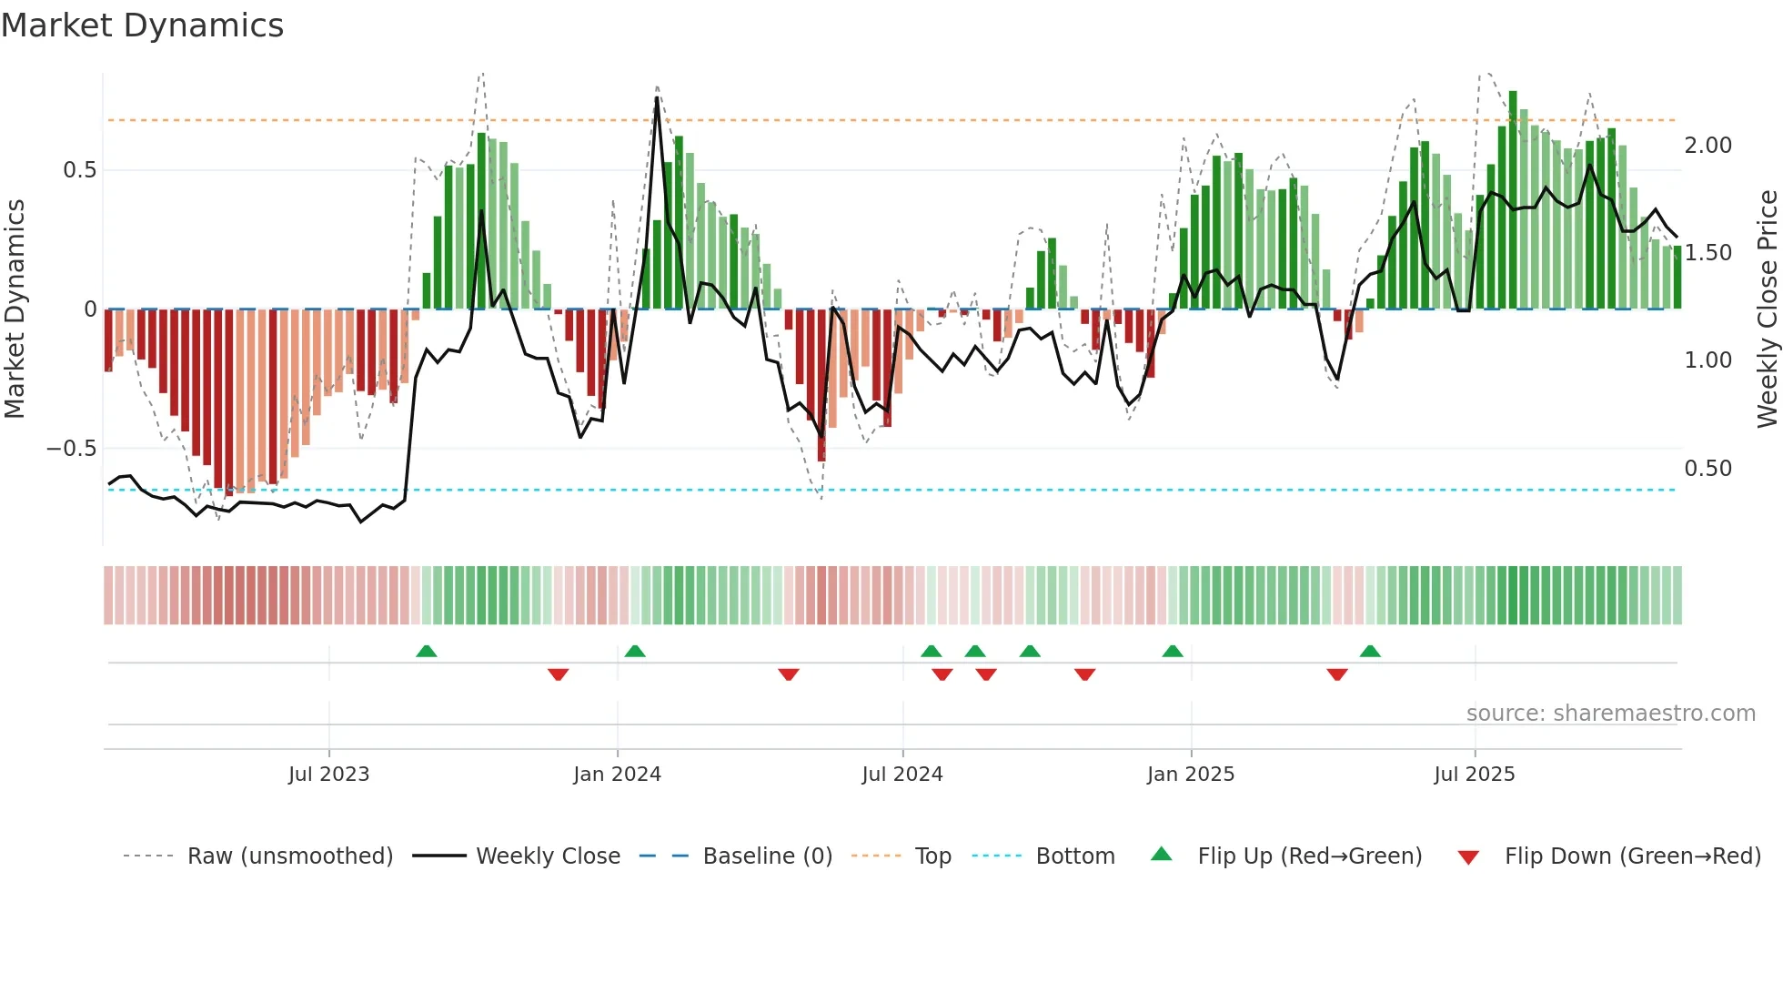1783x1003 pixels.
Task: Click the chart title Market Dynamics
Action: (x=142, y=25)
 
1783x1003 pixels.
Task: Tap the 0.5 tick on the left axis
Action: (x=79, y=170)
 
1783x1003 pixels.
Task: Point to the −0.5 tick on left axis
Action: (x=71, y=449)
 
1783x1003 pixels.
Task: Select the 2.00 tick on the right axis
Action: (x=1707, y=146)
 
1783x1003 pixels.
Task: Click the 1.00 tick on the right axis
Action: (x=1707, y=360)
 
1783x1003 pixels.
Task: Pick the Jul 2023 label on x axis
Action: (x=328, y=775)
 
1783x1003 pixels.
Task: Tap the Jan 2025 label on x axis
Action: (x=1190, y=775)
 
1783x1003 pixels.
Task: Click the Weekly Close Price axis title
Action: (x=1767, y=309)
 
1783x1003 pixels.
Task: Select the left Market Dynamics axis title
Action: (x=15, y=309)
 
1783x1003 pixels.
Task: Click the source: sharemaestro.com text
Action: (x=1610, y=714)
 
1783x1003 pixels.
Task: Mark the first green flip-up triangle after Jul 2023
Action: (x=426, y=651)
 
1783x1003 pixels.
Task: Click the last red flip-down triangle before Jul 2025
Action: (x=1336, y=674)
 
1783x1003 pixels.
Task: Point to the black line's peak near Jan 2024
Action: (x=657, y=97)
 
